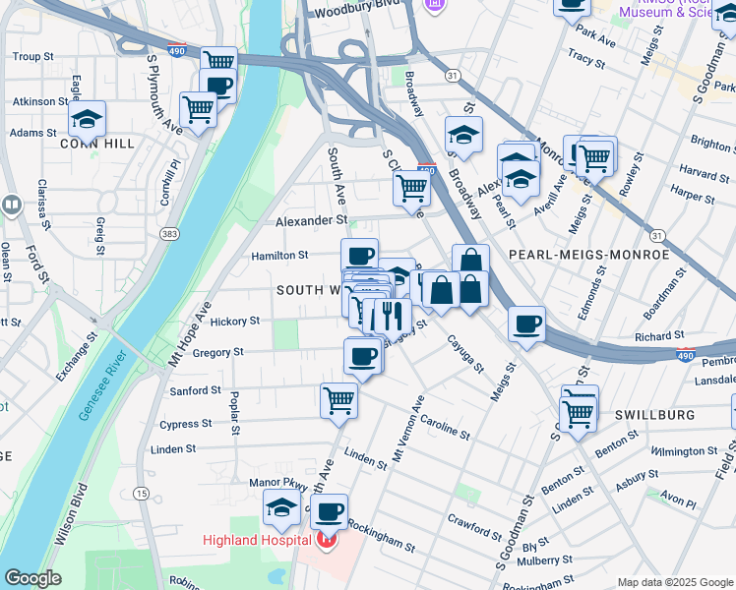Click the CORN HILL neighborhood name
point(96,144)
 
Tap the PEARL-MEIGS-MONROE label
point(588,255)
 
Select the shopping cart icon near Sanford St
point(338,399)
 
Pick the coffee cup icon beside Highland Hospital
point(331,510)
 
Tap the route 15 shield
point(143,493)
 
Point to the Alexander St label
point(311,222)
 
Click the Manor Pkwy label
point(273,482)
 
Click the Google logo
point(33,578)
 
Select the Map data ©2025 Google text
point(674,582)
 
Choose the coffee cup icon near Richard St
point(527,324)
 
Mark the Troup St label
point(33,57)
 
